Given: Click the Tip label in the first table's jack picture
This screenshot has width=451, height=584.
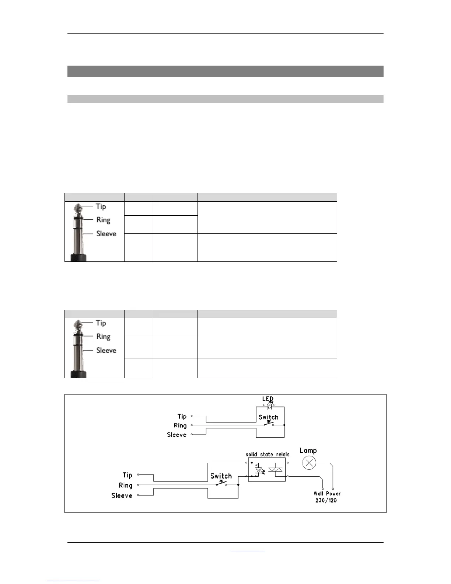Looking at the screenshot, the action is tap(101, 206).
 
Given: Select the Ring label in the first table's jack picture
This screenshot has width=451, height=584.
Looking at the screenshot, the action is tap(103, 220).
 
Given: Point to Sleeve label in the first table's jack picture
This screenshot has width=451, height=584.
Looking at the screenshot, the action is tap(106, 234).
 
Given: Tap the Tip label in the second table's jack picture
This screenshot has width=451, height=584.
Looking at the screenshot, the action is tap(101, 323).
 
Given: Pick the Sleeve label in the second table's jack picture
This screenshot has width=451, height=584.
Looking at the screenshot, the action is tap(106, 350).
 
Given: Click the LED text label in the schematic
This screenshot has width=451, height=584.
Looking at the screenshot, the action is tap(268, 399).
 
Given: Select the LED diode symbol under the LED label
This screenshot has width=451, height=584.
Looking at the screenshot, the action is tap(269, 406).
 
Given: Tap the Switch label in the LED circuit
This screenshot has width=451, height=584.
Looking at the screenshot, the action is tap(268, 417).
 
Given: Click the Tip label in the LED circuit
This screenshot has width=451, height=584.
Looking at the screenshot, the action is tap(182, 416).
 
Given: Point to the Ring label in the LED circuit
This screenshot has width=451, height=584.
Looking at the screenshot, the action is tap(180, 425).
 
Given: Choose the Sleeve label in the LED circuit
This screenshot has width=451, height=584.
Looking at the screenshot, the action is tap(176, 435).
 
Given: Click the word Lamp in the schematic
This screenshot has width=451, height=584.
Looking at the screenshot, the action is tap(308, 451).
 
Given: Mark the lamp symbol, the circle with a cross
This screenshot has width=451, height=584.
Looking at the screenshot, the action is tap(309, 463).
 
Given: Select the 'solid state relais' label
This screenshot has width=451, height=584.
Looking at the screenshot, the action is tap(268, 455).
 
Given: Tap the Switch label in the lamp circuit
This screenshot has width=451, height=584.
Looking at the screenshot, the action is tap(221, 476).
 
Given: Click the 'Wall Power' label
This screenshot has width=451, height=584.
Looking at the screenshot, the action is tap(327, 493).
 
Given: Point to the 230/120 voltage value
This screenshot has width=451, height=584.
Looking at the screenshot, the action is tap(326, 500).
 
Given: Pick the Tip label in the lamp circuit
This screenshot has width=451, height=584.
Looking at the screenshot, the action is tap(127, 475).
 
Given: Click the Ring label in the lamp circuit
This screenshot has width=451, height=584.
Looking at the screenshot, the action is tap(125, 486).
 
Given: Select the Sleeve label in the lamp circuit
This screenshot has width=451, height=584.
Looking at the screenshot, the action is tap(122, 496).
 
